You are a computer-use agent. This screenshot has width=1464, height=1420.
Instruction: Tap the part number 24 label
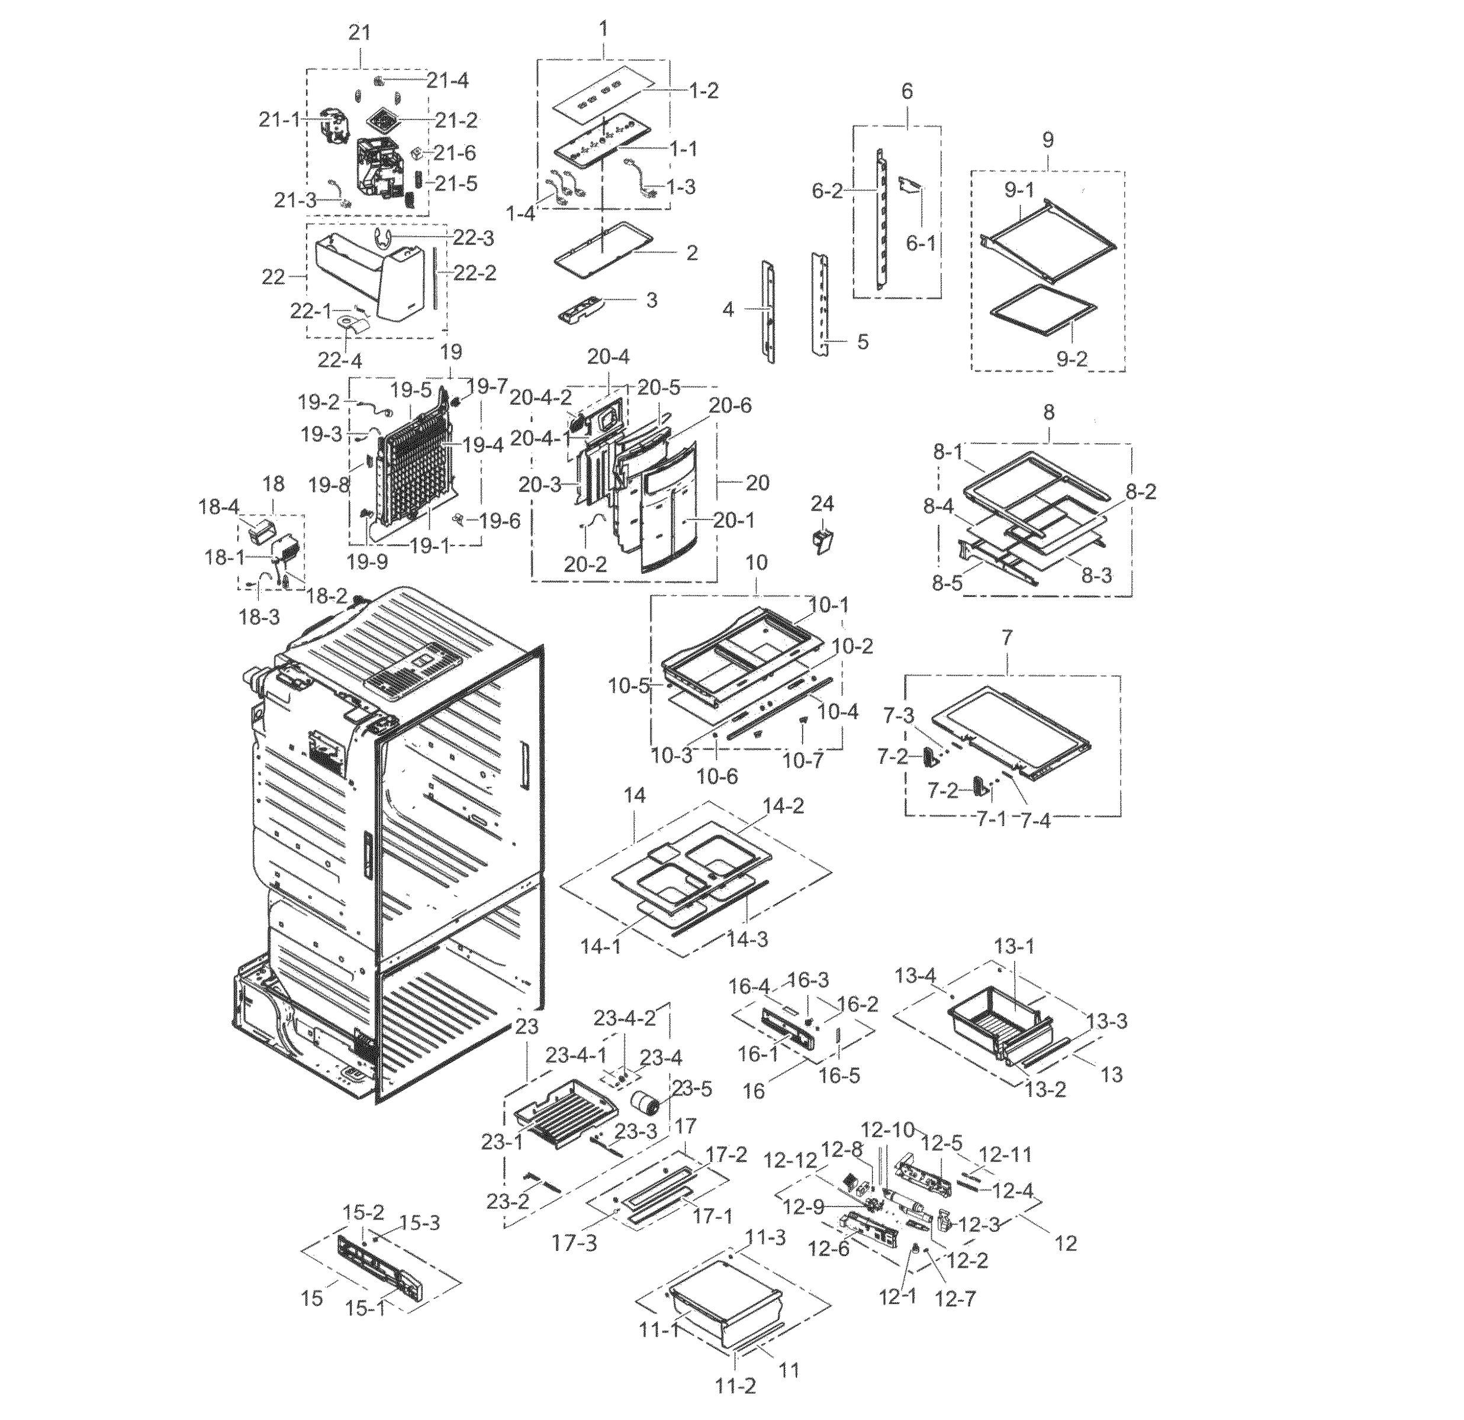[822, 504]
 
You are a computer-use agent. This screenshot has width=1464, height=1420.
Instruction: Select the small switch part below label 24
[822, 541]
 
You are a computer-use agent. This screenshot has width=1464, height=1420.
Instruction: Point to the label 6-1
[920, 243]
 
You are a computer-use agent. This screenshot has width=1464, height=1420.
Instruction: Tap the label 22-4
[339, 360]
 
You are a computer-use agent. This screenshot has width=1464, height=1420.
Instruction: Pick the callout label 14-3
[748, 938]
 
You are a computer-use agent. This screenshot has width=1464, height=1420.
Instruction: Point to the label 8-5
[947, 582]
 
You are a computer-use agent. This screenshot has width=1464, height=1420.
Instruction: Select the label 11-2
[735, 1386]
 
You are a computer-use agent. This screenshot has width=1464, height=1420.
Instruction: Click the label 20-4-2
[540, 398]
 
